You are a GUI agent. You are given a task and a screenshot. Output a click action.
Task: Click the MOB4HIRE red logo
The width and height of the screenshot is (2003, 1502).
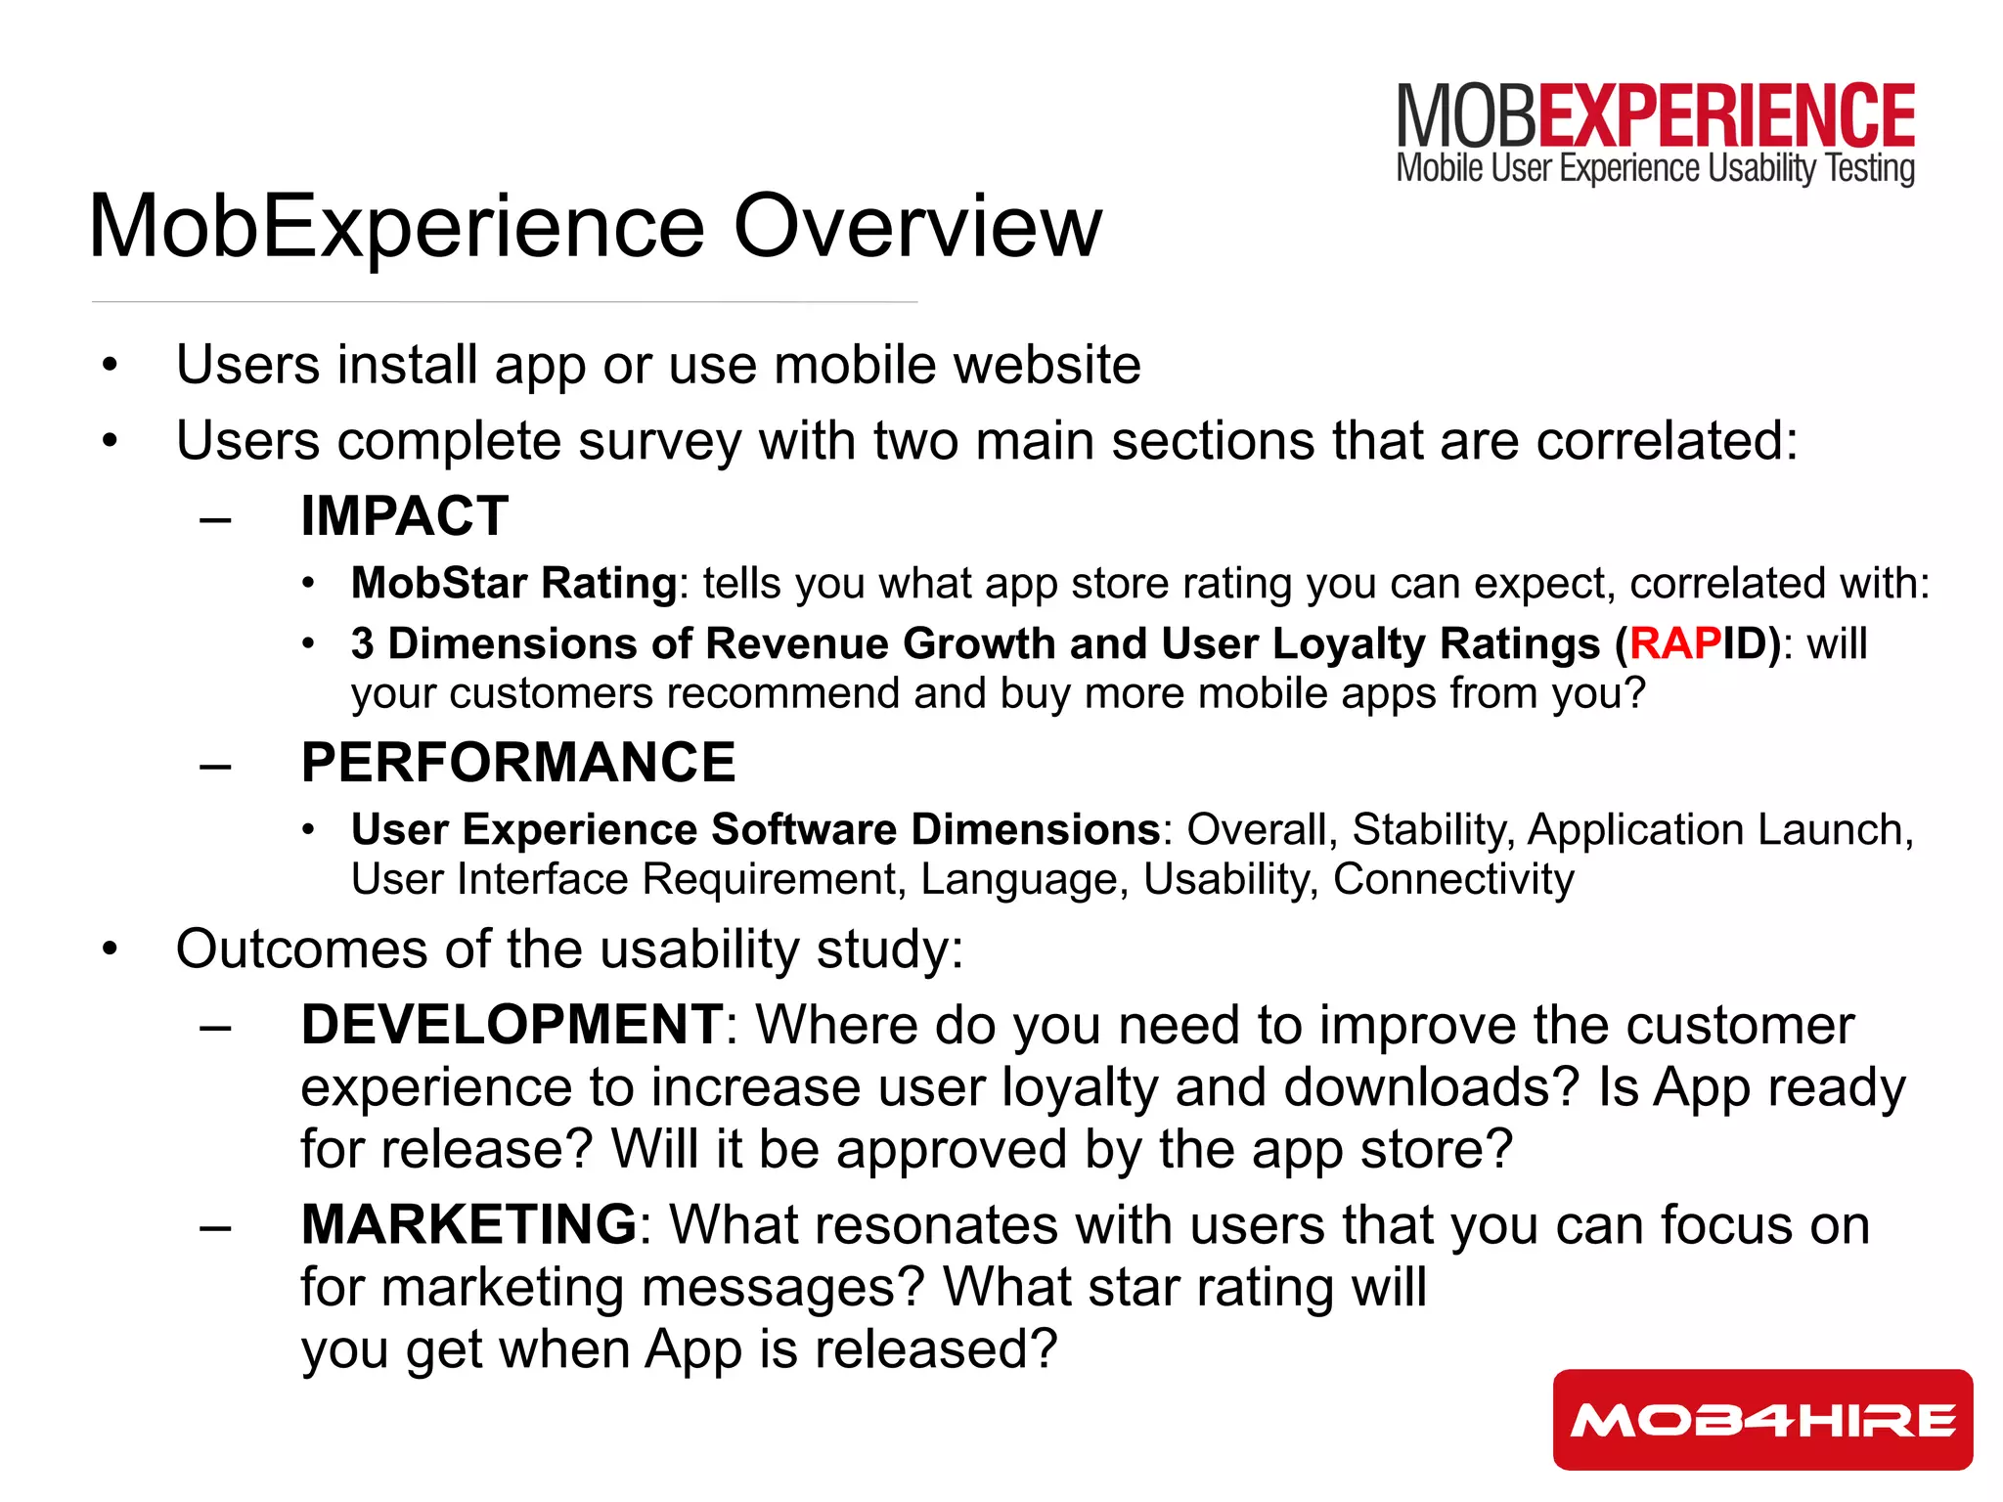coord(1762,1419)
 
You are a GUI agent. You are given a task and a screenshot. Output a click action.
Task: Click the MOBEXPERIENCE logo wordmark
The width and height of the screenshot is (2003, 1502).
coord(1655,115)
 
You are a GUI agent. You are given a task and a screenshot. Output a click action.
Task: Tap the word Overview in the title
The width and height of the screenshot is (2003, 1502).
coord(917,227)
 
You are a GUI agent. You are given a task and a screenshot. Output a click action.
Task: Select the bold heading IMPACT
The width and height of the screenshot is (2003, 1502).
coord(404,515)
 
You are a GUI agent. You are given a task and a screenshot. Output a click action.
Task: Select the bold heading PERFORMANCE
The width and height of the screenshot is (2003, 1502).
coord(517,762)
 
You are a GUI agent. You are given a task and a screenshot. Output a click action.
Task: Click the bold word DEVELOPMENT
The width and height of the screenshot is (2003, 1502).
coord(512,1025)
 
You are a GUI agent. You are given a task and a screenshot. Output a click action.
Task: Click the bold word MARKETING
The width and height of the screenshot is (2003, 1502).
coord(469,1224)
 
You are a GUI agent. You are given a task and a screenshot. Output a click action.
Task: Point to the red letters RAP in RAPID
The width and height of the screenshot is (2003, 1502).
coord(1674,643)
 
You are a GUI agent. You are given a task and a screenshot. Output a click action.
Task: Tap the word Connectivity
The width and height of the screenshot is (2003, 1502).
coord(1452,878)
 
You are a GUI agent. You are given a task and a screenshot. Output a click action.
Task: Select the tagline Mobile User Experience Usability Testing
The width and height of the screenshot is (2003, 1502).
coord(1655,168)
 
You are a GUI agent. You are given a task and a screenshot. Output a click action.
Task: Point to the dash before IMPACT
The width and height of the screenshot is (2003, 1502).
coord(215,518)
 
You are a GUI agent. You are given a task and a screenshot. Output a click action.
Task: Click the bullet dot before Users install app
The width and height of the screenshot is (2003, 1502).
coord(110,366)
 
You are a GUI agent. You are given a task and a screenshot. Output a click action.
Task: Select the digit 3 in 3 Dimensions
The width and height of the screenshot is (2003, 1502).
coord(363,643)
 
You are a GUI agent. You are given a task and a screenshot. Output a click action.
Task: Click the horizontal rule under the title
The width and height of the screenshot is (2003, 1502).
coord(504,302)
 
